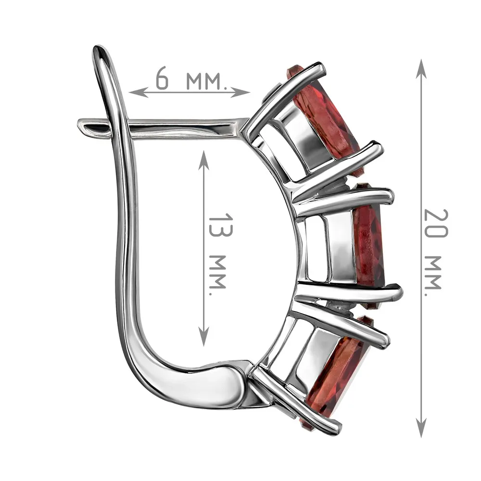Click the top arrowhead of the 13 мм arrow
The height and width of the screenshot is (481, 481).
[203, 160]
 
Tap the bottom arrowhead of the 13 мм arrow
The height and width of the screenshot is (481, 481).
[203, 336]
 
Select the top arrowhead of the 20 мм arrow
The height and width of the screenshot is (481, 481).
[421, 69]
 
